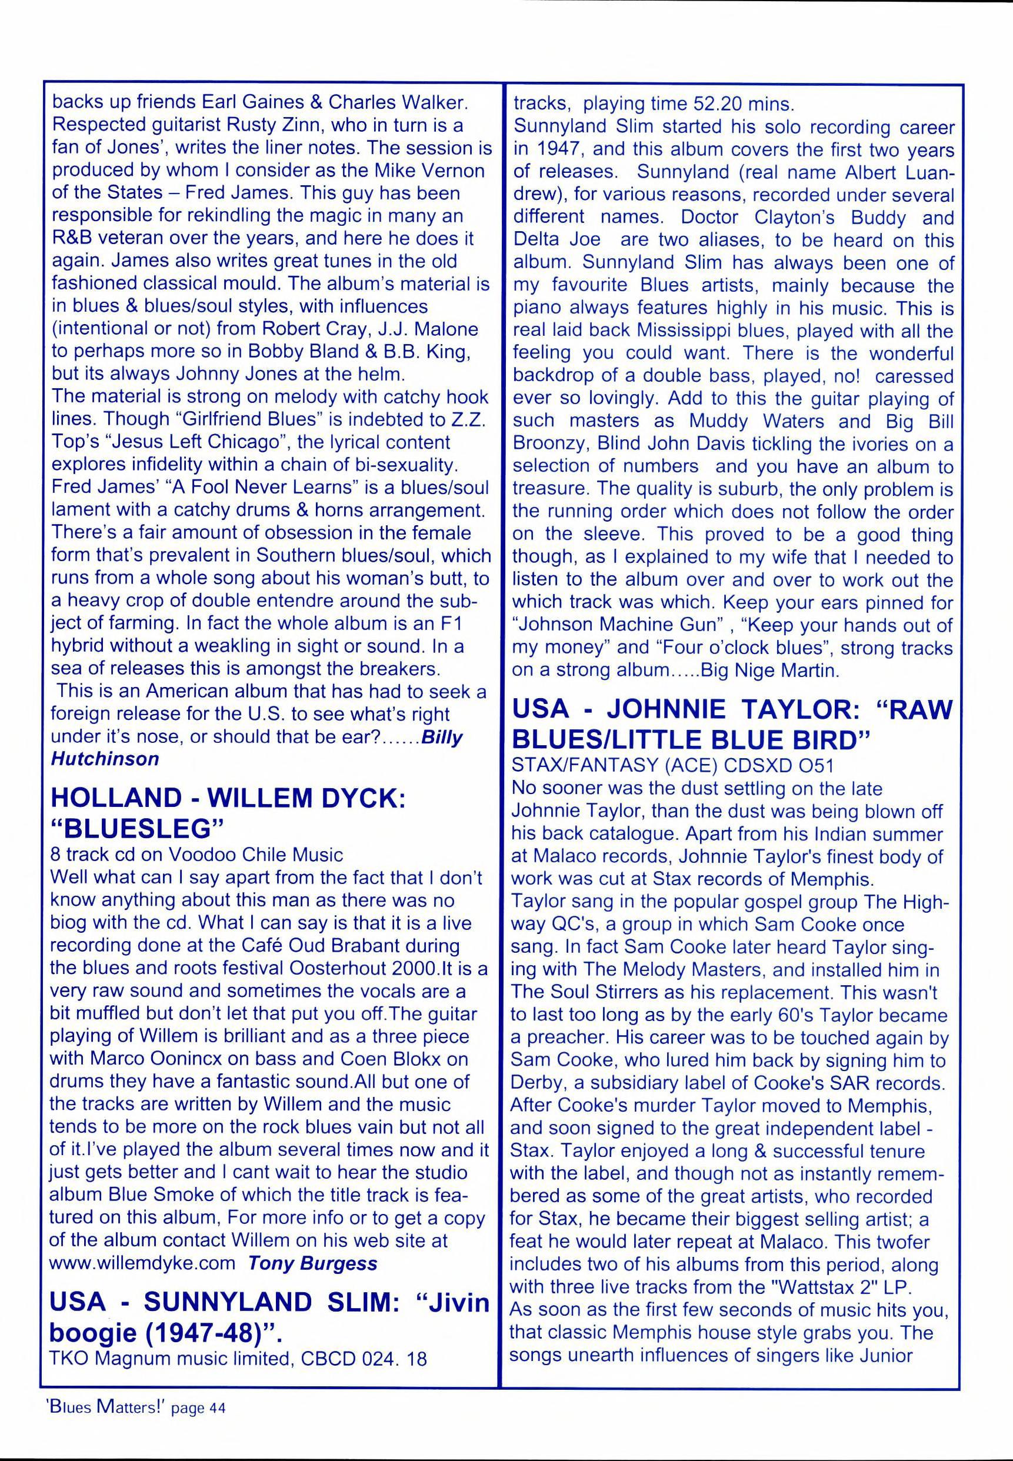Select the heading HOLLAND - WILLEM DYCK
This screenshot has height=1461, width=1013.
pos(227,798)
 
